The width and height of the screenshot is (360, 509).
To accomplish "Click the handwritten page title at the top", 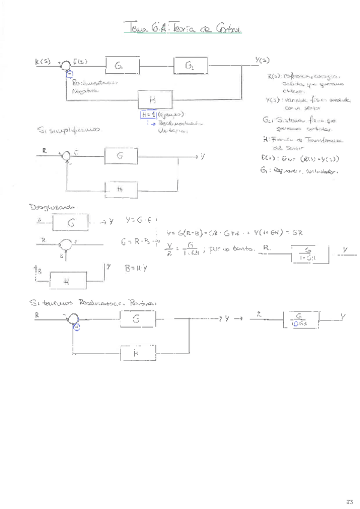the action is click(181, 28).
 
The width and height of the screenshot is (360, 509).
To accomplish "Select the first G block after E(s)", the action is click(122, 65).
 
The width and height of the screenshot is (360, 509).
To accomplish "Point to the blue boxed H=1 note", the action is click(148, 113).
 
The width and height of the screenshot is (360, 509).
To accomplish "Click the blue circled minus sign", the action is click(70, 74).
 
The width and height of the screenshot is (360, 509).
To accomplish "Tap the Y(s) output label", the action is click(262, 61).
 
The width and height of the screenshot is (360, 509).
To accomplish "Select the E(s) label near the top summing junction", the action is click(81, 61).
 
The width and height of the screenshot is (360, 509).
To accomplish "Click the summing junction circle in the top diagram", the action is click(69, 66).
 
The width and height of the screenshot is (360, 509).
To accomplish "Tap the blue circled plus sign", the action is click(76, 326).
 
